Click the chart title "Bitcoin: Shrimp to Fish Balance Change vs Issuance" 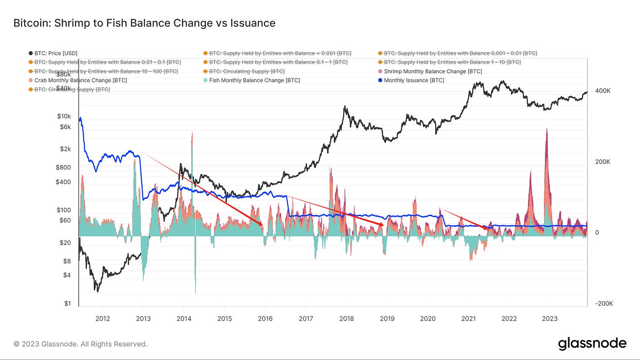pyautogui.click(x=144, y=22)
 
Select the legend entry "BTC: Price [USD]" pyautogui.click(x=56, y=53)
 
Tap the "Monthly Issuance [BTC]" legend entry pyautogui.click(x=414, y=80)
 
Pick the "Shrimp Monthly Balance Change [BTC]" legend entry pyautogui.click(x=432, y=71)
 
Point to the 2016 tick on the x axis pyautogui.click(x=265, y=319)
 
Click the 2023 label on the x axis pyautogui.click(x=549, y=319)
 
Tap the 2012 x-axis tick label pyautogui.click(x=102, y=319)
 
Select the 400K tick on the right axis pyautogui.click(x=603, y=91)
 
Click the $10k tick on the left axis pyautogui.click(x=64, y=116)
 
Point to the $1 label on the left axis pyautogui.click(x=68, y=304)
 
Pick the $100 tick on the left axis pyautogui.click(x=64, y=210)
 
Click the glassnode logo pyautogui.click(x=592, y=344)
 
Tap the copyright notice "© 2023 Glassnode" pyautogui.click(x=80, y=344)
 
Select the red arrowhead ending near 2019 pyautogui.click(x=382, y=224)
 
